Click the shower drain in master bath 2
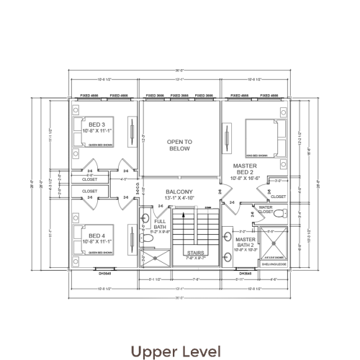(274, 248)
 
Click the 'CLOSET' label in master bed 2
(279, 196)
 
